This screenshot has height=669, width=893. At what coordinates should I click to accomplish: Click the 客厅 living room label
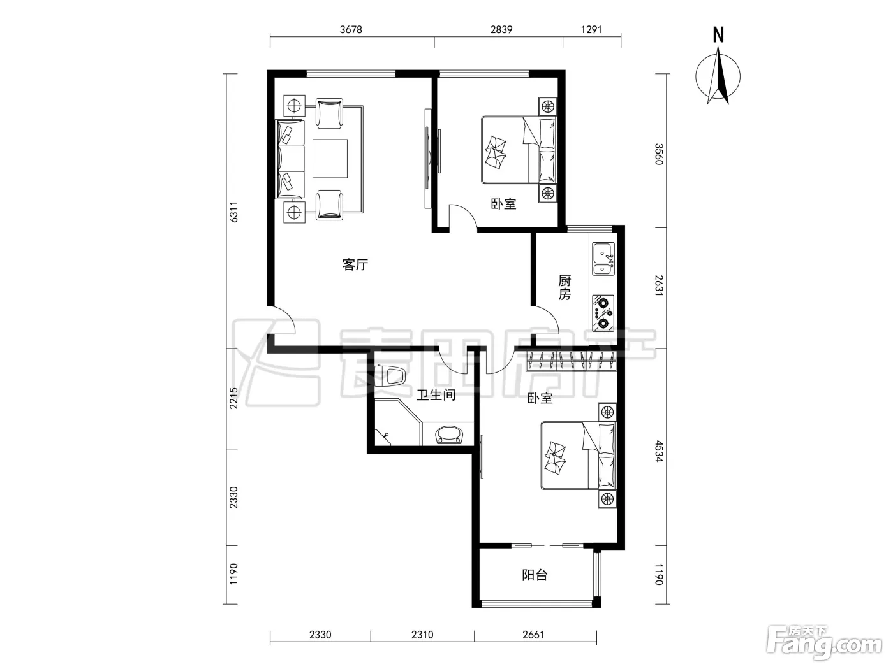[355, 265]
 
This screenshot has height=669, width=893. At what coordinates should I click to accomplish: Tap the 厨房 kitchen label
[565, 287]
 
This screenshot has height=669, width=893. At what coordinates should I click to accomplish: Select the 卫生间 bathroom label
[436, 395]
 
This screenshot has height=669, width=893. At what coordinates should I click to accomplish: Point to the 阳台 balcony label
[535, 575]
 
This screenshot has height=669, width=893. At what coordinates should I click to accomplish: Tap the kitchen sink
[603, 259]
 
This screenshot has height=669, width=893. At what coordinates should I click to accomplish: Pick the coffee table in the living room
[330, 159]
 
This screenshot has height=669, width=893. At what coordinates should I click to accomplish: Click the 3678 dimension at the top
[351, 30]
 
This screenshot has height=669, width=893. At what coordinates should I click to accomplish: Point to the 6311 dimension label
[233, 212]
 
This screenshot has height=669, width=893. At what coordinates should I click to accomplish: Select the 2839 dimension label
[501, 30]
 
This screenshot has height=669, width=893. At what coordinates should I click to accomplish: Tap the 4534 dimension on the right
[659, 451]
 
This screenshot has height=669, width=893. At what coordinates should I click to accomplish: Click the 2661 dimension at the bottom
[533, 635]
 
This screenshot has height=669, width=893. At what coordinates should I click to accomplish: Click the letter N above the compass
[718, 35]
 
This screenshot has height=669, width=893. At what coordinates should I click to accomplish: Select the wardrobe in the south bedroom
[572, 361]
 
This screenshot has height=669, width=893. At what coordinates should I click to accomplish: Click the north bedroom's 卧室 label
[504, 204]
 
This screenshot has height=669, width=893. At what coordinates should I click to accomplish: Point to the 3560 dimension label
[659, 154]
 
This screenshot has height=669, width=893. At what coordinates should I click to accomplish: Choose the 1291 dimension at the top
[591, 30]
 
